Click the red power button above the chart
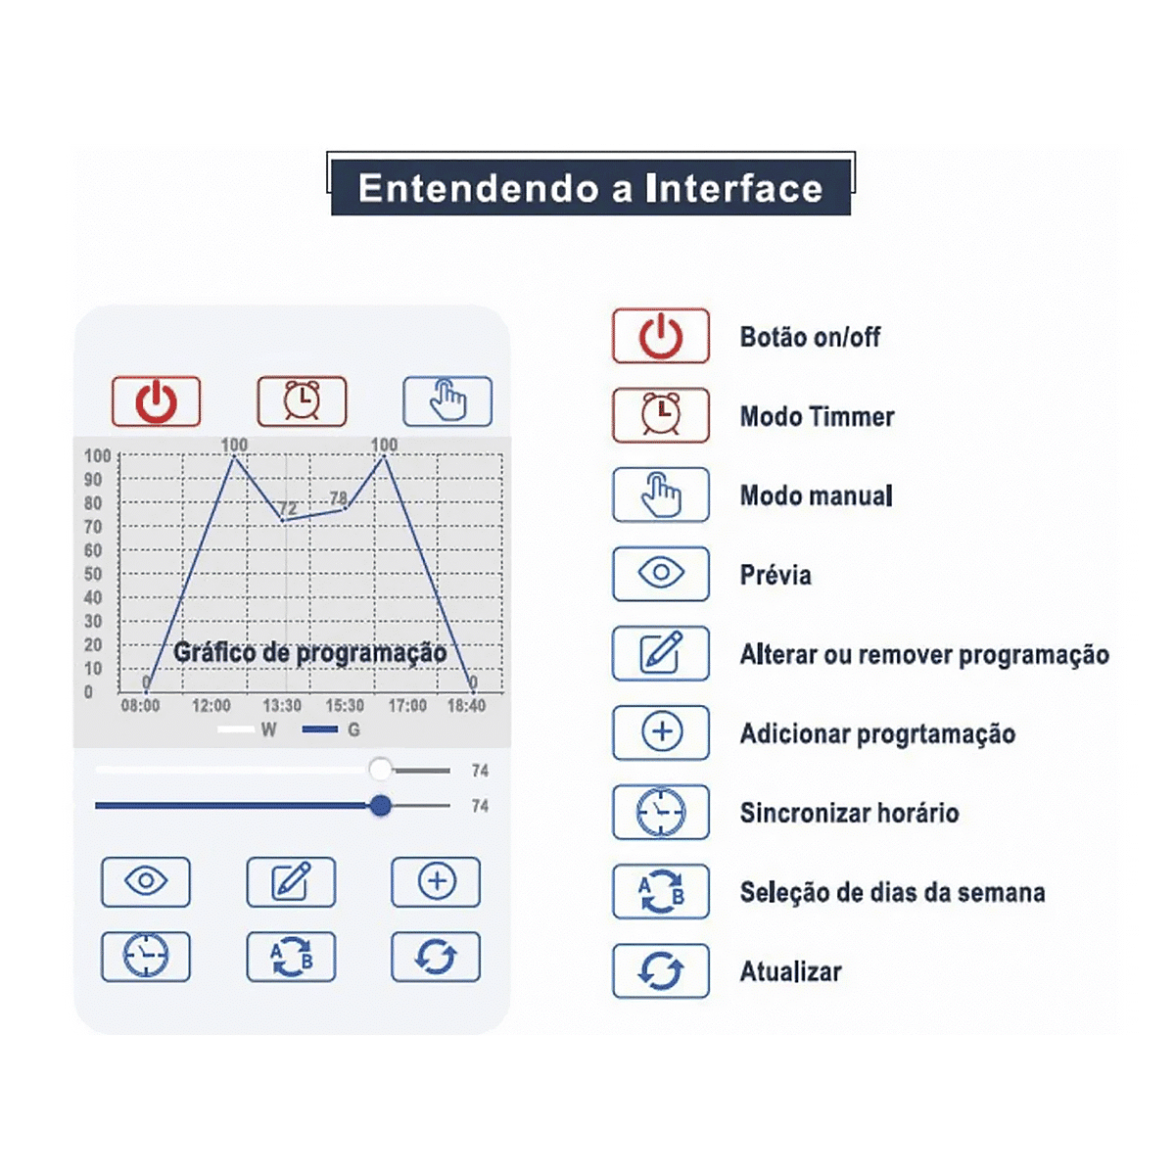[156, 401]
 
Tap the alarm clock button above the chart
[302, 401]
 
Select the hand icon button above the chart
[447, 401]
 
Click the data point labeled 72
[282, 520]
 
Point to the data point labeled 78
[346, 507]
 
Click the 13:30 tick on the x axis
[282, 705]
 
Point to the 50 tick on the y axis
[93, 574]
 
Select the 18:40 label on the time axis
[466, 705]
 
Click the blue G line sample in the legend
[320, 729]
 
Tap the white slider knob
[381, 770]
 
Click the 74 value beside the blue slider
[480, 806]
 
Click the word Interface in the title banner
[734, 188]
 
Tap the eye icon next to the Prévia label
[661, 573]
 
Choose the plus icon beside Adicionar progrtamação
[662, 731]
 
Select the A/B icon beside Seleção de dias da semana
[661, 891]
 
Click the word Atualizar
[791, 971]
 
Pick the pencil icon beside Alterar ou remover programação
[661, 652]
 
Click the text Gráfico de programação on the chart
[310, 652]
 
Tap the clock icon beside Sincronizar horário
[661, 812]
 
